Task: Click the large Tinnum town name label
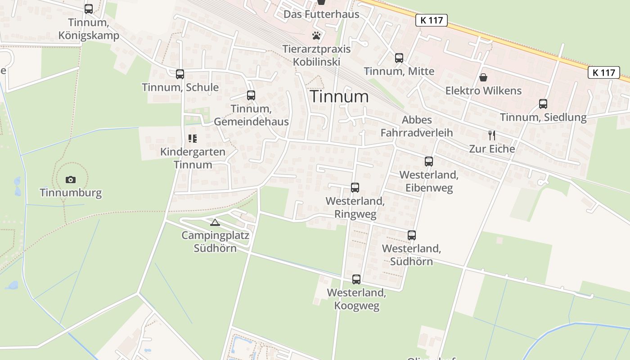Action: [339, 96]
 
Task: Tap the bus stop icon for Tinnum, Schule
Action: [180, 74]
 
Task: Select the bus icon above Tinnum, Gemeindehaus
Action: [251, 95]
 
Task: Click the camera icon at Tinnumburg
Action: [71, 180]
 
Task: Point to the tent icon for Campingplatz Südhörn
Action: [215, 222]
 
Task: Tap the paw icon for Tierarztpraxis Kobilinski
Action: [317, 35]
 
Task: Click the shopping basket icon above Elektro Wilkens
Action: [483, 77]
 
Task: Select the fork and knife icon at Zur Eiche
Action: [492, 135]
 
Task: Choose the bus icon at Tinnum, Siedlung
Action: [543, 104]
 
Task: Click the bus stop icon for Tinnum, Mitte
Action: [399, 58]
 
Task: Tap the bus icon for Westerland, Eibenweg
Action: [429, 162]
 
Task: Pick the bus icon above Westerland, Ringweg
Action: [355, 188]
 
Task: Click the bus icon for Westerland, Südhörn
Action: [411, 235]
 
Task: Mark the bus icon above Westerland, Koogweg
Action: [356, 279]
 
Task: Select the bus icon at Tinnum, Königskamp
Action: [89, 9]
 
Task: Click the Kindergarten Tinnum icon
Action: [193, 139]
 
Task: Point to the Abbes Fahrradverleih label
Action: [417, 126]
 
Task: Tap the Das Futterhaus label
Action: [321, 14]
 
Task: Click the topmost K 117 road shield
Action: [431, 20]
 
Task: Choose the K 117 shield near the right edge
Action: [603, 72]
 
